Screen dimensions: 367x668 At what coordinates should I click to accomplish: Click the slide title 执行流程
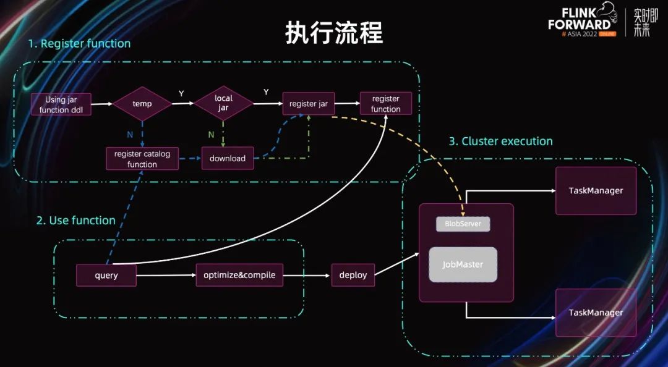coord(334,33)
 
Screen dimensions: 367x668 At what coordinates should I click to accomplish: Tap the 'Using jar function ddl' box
coord(61,104)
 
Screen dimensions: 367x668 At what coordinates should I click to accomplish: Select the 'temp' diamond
coord(142,104)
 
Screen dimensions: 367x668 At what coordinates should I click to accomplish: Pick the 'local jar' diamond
coord(223,103)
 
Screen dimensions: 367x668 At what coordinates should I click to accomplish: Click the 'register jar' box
coord(308,104)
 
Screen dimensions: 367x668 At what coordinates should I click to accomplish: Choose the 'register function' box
coord(385,104)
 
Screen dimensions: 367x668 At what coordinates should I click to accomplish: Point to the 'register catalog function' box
coord(142,159)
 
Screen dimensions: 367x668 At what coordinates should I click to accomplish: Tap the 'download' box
coord(228,158)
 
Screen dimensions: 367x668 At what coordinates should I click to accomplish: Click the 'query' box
coord(106,275)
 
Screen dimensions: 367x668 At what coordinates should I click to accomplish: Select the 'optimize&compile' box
coord(239,275)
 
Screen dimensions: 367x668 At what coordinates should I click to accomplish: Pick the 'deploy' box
coord(353,275)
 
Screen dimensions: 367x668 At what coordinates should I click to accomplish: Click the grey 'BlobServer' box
coord(463,224)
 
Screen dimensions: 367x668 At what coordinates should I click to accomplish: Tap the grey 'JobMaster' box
coord(463,264)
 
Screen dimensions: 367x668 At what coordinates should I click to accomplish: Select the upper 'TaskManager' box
coord(596,190)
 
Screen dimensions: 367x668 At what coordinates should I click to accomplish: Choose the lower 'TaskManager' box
coord(596,313)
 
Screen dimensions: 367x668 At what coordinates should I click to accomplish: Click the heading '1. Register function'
coord(79,44)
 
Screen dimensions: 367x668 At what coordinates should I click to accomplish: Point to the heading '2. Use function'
coord(75,221)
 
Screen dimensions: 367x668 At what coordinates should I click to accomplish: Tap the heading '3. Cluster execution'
coord(500,141)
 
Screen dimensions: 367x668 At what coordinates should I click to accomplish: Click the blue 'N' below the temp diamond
coord(129,133)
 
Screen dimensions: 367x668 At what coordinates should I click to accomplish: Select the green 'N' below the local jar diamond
coord(212,134)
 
